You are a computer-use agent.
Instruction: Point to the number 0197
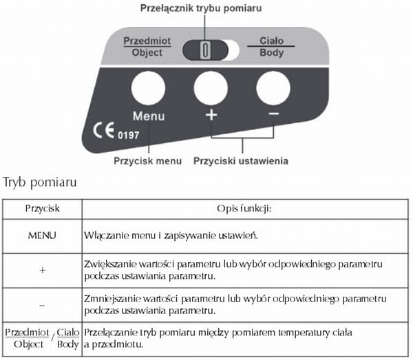click(129, 135)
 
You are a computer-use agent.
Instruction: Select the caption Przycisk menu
click(148, 160)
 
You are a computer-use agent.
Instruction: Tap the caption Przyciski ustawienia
click(241, 160)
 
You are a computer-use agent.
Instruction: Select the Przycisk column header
click(42, 207)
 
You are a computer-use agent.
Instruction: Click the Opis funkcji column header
click(246, 207)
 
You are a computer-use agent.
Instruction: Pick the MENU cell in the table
click(42, 235)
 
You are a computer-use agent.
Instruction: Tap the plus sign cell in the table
click(42, 271)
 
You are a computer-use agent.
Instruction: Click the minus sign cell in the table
click(42, 305)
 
